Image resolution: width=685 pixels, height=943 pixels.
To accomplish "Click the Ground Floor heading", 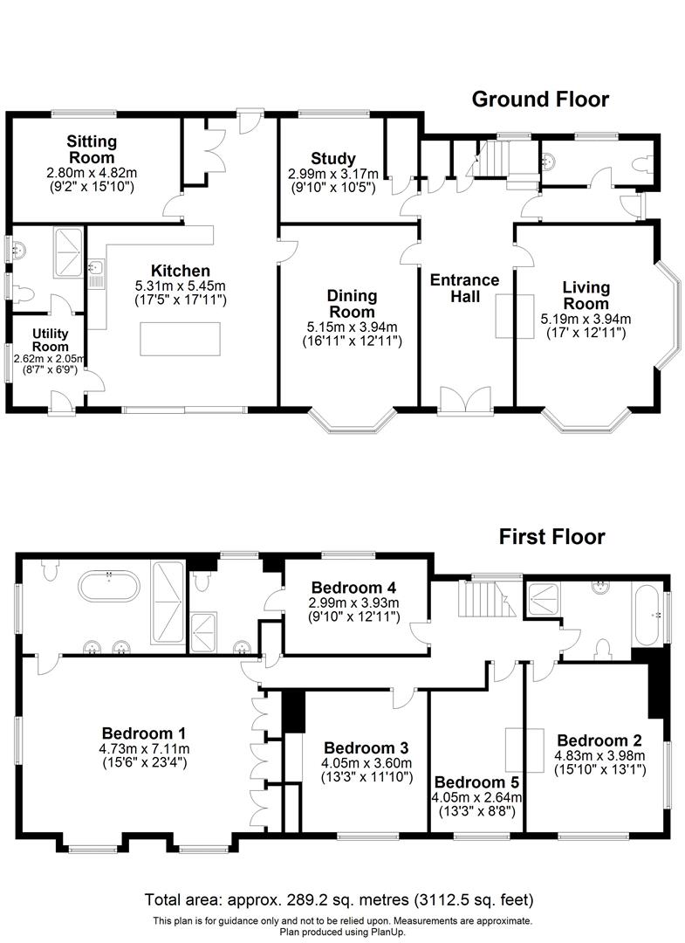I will coord(540,99).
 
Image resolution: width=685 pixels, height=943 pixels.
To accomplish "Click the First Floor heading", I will coord(551,536).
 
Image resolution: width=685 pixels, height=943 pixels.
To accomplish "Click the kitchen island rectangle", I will coord(181,339).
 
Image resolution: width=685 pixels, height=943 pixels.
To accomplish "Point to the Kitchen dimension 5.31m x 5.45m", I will coord(180,286).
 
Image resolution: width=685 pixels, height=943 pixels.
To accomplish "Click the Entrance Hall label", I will coord(465,288).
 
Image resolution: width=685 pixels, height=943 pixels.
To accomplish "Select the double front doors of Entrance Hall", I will coord(465,399).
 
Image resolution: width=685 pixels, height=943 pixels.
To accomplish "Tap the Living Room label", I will coord(586,295).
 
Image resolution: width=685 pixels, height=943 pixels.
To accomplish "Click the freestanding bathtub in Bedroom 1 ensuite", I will coord(109,585).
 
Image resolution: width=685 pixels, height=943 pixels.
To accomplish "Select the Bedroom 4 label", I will coord(346,587).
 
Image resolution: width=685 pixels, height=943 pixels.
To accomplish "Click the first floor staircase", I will coord(479,603).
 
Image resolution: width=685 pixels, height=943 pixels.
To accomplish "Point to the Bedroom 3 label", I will coord(366,748).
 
